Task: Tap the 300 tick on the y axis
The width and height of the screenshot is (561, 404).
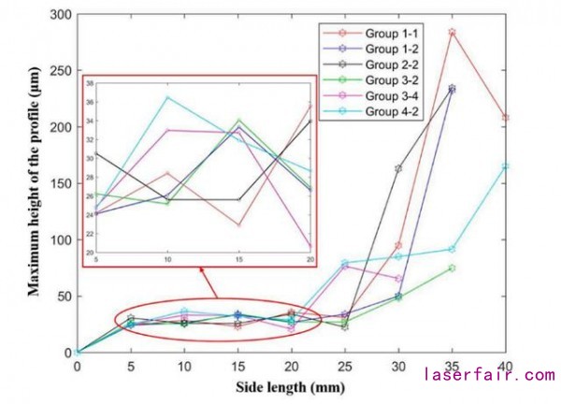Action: click(x=60, y=15)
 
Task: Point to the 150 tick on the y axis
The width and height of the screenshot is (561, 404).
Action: click(x=60, y=184)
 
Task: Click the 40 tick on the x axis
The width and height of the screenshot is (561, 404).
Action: click(x=506, y=367)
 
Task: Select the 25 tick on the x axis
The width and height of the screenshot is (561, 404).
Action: click(x=345, y=367)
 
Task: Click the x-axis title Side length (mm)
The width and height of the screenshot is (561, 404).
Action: click(x=291, y=384)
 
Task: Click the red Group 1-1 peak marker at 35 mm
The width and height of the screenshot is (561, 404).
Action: click(x=453, y=32)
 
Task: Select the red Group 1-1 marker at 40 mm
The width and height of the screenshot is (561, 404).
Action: click(x=506, y=118)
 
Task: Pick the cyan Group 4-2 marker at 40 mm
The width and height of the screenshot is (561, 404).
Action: click(x=506, y=166)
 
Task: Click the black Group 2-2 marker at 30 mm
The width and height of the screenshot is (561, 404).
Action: click(x=398, y=168)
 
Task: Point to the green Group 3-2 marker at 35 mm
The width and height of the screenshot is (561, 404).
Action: click(x=453, y=267)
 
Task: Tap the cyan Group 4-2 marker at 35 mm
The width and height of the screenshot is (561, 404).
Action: click(x=453, y=249)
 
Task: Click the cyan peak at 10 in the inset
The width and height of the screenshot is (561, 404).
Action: click(x=167, y=97)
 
